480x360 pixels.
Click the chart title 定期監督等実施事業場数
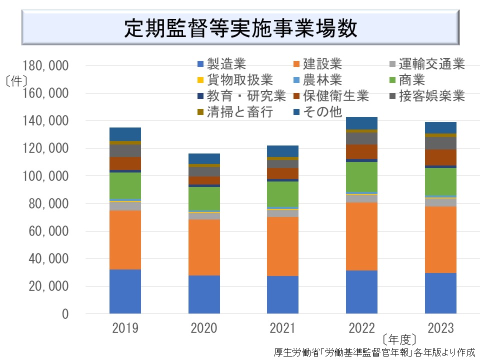point(240,28)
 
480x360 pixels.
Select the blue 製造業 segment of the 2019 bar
point(125,291)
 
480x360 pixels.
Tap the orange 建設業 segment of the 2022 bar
point(361,236)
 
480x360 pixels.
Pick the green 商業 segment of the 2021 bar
point(282,194)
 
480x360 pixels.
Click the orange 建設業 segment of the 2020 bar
point(204,247)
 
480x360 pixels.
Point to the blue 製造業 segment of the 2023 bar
point(440,293)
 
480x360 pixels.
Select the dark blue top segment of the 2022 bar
point(361,123)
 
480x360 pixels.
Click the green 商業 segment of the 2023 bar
point(440,181)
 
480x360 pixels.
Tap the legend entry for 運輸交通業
point(428,64)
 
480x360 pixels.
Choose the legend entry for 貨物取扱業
point(234,80)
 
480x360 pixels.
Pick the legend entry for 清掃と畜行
point(234,111)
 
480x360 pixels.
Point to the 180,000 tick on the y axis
point(45,66)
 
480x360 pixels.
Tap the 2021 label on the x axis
point(282,328)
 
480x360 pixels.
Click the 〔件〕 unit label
point(16,80)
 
